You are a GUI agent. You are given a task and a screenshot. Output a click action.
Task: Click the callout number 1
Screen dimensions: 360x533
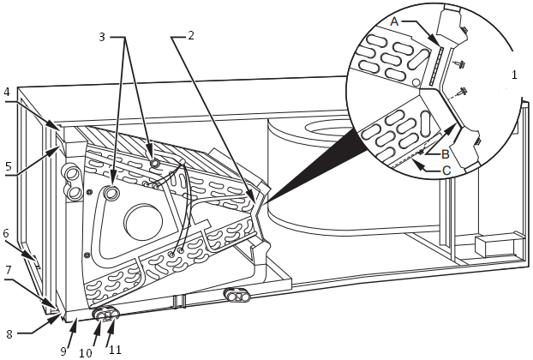click(x=514, y=75)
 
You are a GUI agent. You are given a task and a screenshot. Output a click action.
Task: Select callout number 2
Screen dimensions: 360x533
click(x=191, y=36)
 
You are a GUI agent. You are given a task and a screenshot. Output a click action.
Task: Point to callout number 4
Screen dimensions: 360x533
click(x=7, y=91)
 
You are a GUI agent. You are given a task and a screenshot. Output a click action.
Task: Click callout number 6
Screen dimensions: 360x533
click(x=6, y=233)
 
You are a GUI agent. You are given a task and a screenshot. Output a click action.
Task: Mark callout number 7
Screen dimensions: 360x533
click(x=7, y=270)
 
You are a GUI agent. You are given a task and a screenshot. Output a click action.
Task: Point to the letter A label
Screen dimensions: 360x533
click(x=393, y=20)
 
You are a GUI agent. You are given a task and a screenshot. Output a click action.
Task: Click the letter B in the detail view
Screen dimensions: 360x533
click(x=445, y=154)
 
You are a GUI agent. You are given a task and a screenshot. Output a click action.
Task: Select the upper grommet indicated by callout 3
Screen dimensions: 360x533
click(x=155, y=162)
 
